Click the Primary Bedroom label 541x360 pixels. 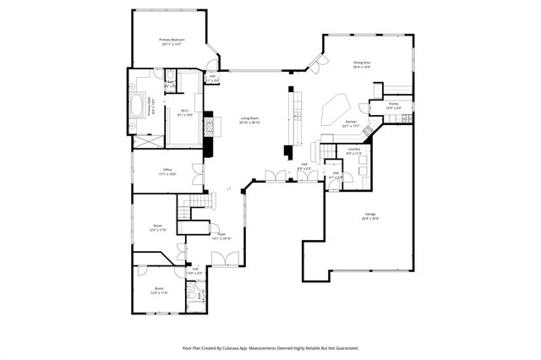click(x=172, y=41)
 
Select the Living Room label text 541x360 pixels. click(x=249, y=121)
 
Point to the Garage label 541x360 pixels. click(x=370, y=215)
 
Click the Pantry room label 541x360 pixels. click(x=393, y=106)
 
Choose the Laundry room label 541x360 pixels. click(x=354, y=152)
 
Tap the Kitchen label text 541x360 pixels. click(x=350, y=124)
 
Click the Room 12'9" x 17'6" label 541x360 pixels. click(x=157, y=227)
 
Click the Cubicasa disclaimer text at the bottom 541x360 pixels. click(x=270, y=347)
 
